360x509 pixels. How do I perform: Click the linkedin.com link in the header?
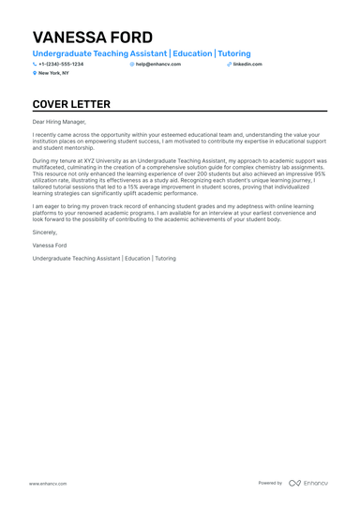coord(247,64)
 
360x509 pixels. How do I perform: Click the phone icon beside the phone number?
coord(35,64)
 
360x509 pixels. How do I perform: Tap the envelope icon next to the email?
coord(132,64)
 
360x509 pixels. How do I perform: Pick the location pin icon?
coord(35,72)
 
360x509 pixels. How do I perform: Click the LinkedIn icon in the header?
coord(229,64)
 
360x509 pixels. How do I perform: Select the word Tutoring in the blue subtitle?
coord(234,54)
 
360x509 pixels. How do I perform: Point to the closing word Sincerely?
coord(44,231)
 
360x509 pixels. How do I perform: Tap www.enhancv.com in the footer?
coord(45,483)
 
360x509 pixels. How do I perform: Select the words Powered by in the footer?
coord(270,483)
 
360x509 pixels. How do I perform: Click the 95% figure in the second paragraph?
coord(320,172)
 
